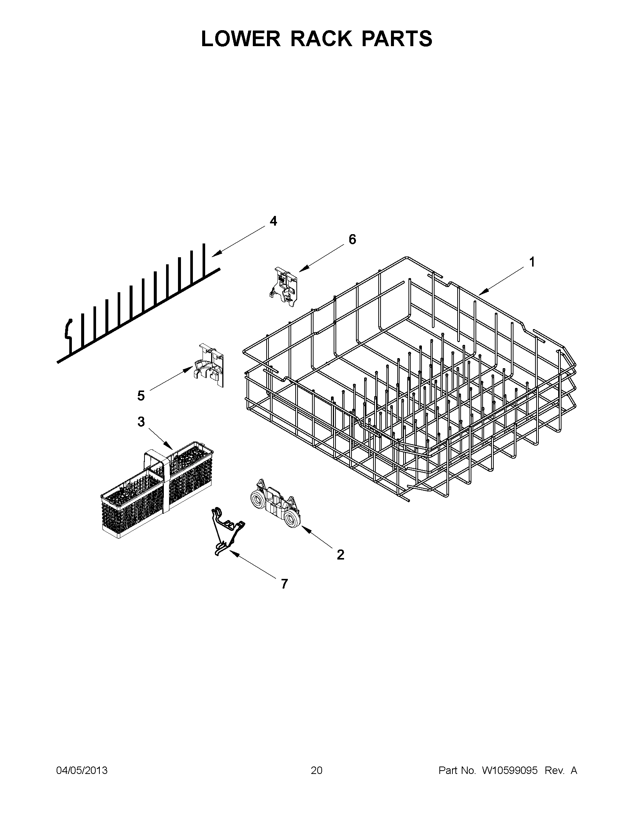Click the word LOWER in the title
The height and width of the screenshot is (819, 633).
[x=241, y=39]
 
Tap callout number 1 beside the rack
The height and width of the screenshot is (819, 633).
[x=531, y=262]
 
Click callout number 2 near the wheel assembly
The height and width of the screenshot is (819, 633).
[x=340, y=554]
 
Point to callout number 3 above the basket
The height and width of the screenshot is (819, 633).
[x=141, y=422]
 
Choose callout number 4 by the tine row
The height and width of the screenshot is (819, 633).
[x=273, y=221]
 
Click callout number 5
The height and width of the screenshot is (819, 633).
[x=141, y=396]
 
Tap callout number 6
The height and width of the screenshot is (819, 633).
[x=352, y=239]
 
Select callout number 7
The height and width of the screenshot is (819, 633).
[x=284, y=584]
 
